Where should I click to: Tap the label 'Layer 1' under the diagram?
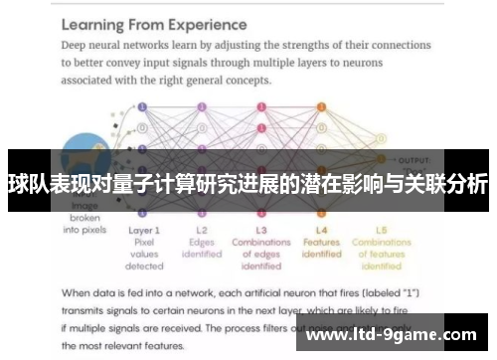tap(144, 230)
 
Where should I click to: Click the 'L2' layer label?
tap(202, 230)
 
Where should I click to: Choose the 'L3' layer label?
tap(260, 230)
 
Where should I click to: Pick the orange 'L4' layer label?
tap(320, 230)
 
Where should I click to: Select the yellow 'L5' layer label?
tap(381, 230)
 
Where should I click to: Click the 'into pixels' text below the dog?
tap(84, 230)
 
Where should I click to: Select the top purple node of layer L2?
tap(202, 106)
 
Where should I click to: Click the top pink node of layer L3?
tap(260, 106)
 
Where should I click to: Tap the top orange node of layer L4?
tap(320, 106)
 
